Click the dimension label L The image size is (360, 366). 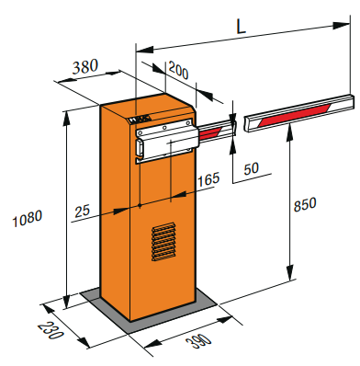[x=242, y=28]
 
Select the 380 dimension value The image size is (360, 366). [x=85, y=66]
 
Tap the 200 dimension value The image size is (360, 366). [x=178, y=71]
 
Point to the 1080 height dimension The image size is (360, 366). [x=28, y=218]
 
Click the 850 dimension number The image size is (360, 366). [x=305, y=204]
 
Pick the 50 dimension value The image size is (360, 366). [x=252, y=168]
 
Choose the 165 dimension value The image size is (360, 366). [x=208, y=179]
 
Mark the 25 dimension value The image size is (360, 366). [x=83, y=212]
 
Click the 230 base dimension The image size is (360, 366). [x=51, y=330]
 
